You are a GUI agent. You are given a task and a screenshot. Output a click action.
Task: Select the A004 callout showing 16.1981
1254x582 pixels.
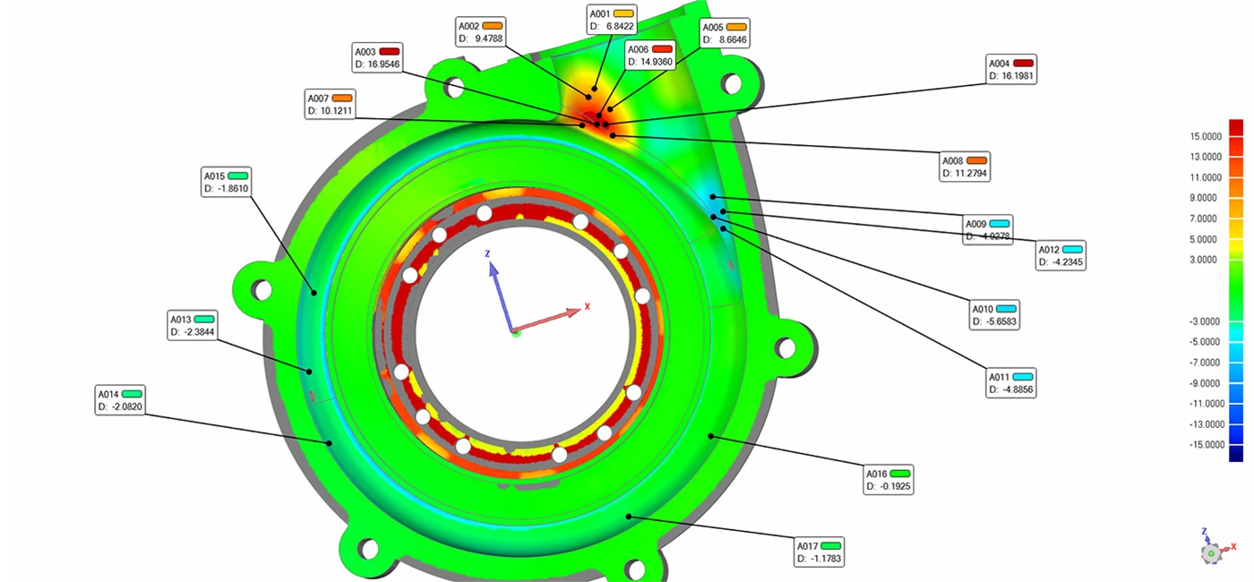point(1011,69)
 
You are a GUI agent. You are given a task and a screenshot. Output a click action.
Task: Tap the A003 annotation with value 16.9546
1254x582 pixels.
point(377,57)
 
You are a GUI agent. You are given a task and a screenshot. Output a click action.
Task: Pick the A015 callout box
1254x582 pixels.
point(226,182)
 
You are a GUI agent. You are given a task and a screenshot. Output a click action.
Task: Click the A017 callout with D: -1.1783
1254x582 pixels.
point(820,552)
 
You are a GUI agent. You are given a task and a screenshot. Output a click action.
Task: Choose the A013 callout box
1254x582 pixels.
point(193,325)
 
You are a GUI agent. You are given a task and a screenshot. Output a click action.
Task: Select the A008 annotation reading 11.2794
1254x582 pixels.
point(964,166)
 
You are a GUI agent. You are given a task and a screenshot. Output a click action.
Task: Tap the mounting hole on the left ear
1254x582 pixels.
point(262,289)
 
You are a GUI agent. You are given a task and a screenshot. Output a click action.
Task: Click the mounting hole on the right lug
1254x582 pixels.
point(786,347)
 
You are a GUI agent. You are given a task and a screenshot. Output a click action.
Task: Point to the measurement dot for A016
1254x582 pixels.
point(711,436)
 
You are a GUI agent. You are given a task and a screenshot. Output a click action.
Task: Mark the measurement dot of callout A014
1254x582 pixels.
point(330,442)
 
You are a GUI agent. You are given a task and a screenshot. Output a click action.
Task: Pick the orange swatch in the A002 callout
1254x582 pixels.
point(493,25)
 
